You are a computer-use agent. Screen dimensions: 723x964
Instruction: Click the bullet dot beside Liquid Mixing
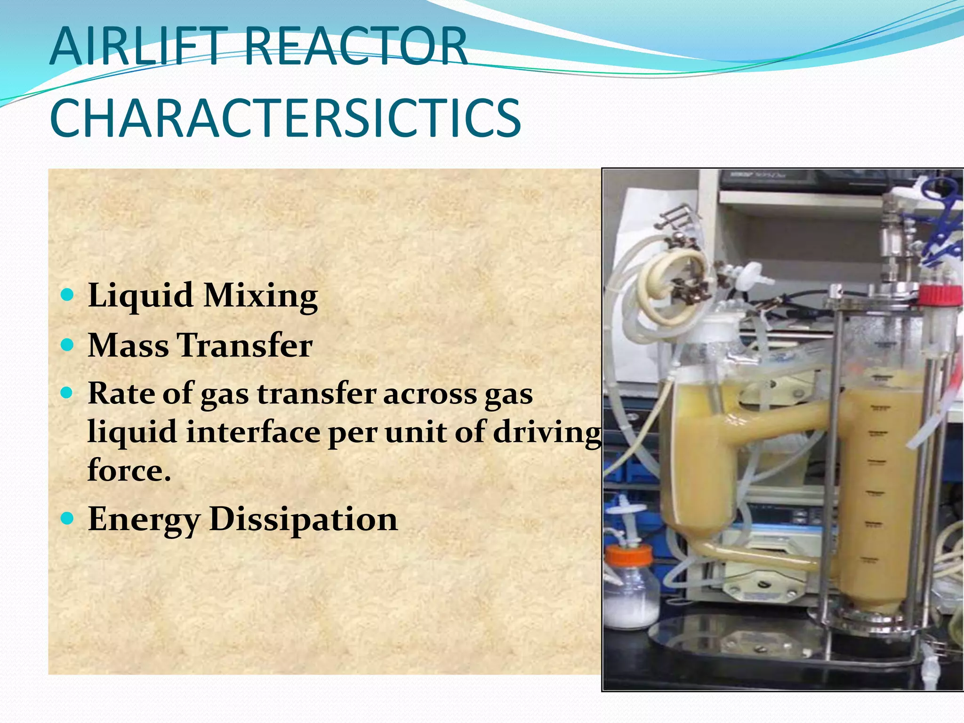(x=68, y=295)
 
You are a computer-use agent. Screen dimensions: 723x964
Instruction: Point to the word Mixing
(x=261, y=297)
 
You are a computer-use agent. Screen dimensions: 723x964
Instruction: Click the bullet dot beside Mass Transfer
(x=68, y=345)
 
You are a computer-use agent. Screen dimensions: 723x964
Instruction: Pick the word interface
(x=253, y=432)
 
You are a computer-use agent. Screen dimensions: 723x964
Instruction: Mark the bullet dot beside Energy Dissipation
(x=68, y=518)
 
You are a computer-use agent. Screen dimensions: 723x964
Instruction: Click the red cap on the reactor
(x=940, y=296)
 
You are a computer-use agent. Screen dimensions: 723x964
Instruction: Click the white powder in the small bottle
(x=631, y=607)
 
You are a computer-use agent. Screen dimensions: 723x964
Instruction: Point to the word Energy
(x=144, y=520)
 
